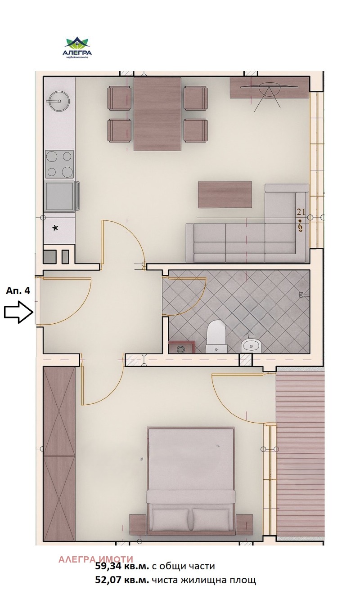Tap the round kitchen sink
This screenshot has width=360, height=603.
click(x=58, y=101)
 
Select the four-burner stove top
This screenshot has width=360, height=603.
click(x=59, y=164)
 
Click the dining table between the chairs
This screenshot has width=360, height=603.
click(x=157, y=114)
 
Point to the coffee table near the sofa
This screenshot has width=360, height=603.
click(x=225, y=194)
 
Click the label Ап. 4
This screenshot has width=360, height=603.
click(x=18, y=290)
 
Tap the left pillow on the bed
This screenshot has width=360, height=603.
click(x=171, y=520)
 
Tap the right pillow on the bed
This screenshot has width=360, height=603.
click(x=211, y=520)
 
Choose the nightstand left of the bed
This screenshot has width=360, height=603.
click(x=138, y=524)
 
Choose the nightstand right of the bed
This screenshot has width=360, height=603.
click(x=244, y=524)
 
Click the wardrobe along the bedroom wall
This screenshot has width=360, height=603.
click(x=59, y=454)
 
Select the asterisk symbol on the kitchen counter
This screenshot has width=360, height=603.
click(x=55, y=228)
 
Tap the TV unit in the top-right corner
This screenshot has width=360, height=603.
click(x=270, y=87)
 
